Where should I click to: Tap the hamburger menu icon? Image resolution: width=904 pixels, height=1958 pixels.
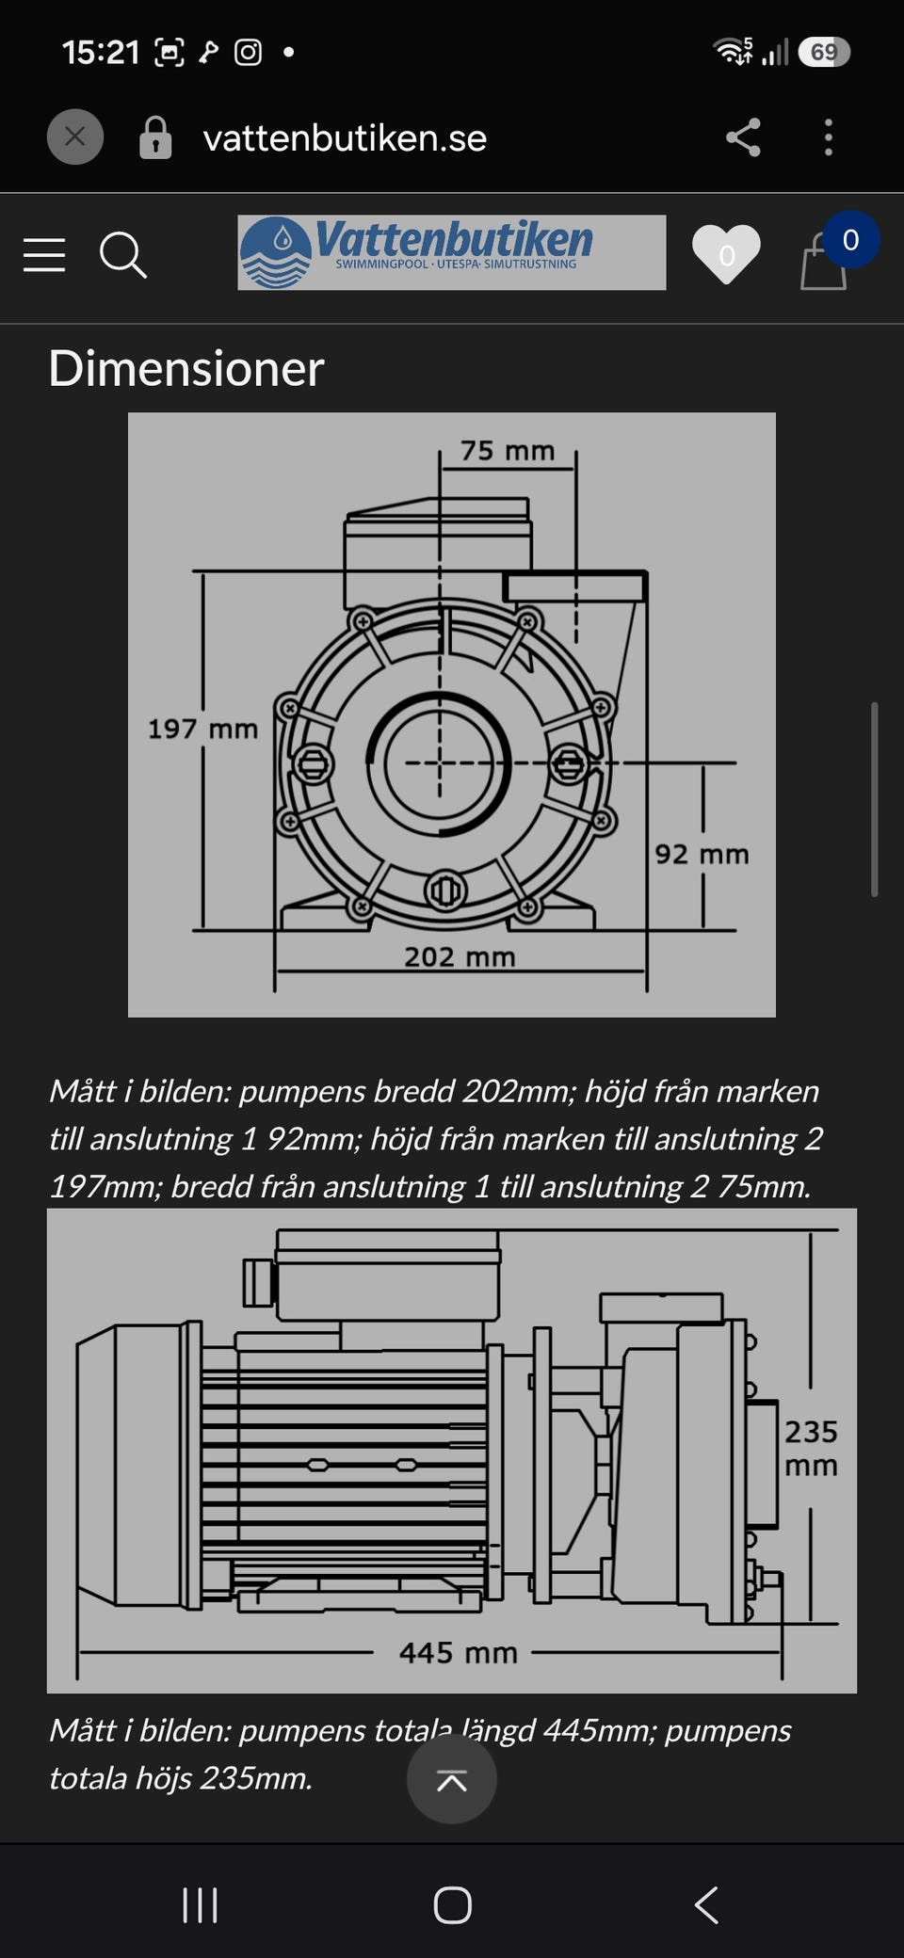pos(44,255)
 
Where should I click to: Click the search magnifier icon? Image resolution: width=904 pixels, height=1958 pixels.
pos(123,255)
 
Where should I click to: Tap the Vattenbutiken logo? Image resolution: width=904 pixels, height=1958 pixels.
pos(451,252)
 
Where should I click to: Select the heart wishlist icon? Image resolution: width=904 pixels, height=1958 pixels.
pos(726,254)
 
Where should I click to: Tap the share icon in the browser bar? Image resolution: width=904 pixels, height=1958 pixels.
pos(743,137)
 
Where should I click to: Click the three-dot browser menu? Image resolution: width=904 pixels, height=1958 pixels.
pos(829,137)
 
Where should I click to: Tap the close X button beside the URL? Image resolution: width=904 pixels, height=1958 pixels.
pos(75,137)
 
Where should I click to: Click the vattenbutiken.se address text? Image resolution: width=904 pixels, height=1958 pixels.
pos(345,138)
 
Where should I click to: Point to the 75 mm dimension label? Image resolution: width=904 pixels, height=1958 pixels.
pos(508,451)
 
